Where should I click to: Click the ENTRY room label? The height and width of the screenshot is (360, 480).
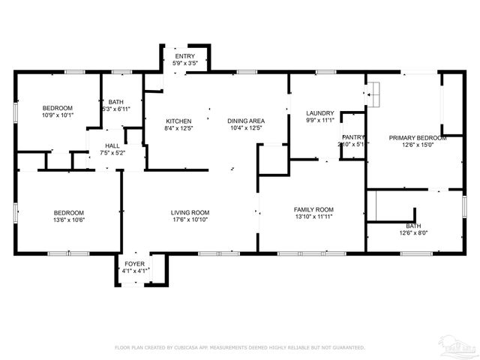tap(184, 56)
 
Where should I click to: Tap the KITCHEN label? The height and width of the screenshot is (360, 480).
tap(178, 121)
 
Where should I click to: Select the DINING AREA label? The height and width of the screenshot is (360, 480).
tap(246, 121)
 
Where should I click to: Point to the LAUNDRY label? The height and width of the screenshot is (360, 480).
tap(320, 113)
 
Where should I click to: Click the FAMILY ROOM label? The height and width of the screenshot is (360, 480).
tap(313, 209)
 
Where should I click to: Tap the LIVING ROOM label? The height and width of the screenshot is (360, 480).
tap(190, 212)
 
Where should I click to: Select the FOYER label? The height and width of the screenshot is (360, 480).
tap(135, 263)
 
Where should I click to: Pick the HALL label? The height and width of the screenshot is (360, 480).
tap(112, 146)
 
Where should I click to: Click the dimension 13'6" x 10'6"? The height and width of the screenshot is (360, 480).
tap(68, 220)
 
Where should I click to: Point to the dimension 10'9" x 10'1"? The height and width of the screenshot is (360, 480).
tap(58, 115)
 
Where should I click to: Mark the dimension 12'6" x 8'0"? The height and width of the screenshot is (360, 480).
tap(413, 232)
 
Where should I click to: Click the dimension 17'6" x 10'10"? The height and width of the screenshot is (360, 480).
tap(190, 220)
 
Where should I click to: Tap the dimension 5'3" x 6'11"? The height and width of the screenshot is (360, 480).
tap(116, 109)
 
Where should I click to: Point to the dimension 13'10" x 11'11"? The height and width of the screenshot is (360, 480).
tap(313, 217)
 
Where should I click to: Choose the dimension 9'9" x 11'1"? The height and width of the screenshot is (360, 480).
tap(320, 121)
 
